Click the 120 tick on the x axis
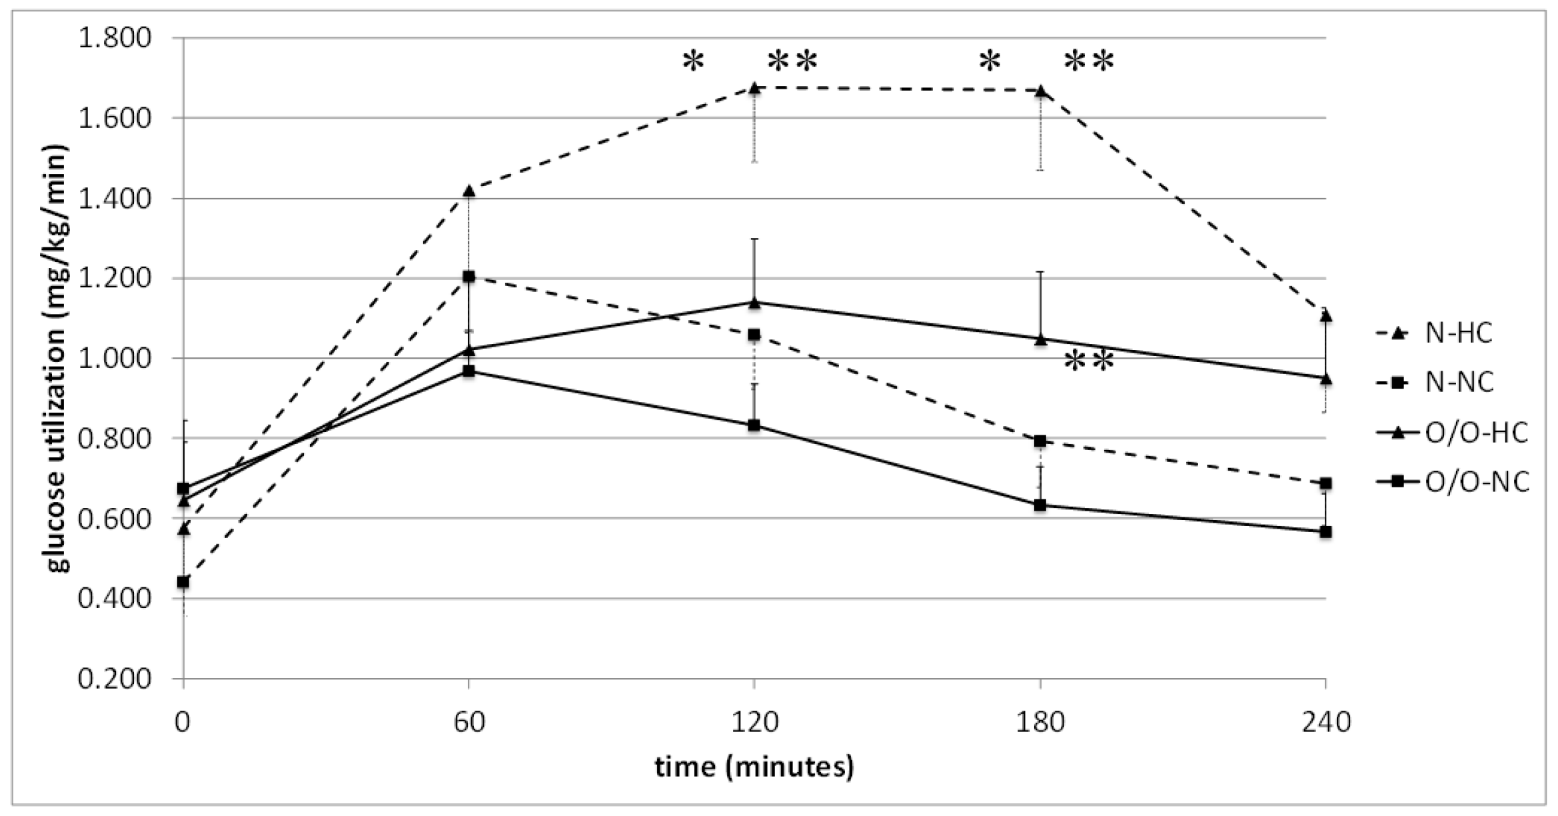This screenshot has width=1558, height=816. click(754, 722)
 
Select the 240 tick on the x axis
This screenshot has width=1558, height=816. click(1325, 722)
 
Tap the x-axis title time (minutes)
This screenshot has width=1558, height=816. click(754, 767)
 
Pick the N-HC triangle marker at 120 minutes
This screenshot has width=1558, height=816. click(754, 88)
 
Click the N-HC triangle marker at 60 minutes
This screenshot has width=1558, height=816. click(468, 191)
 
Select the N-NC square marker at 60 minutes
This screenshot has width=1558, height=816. click(468, 276)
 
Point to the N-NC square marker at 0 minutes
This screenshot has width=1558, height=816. click(183, 581)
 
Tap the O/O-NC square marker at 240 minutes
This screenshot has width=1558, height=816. click(1325, 531)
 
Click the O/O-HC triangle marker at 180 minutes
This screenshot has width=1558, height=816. click(1040, 339)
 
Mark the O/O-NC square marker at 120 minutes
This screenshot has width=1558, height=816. click(754, 425)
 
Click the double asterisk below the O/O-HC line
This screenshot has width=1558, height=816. click(1089, 361)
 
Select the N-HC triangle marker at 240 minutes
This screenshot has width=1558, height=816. click(1325, 315)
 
